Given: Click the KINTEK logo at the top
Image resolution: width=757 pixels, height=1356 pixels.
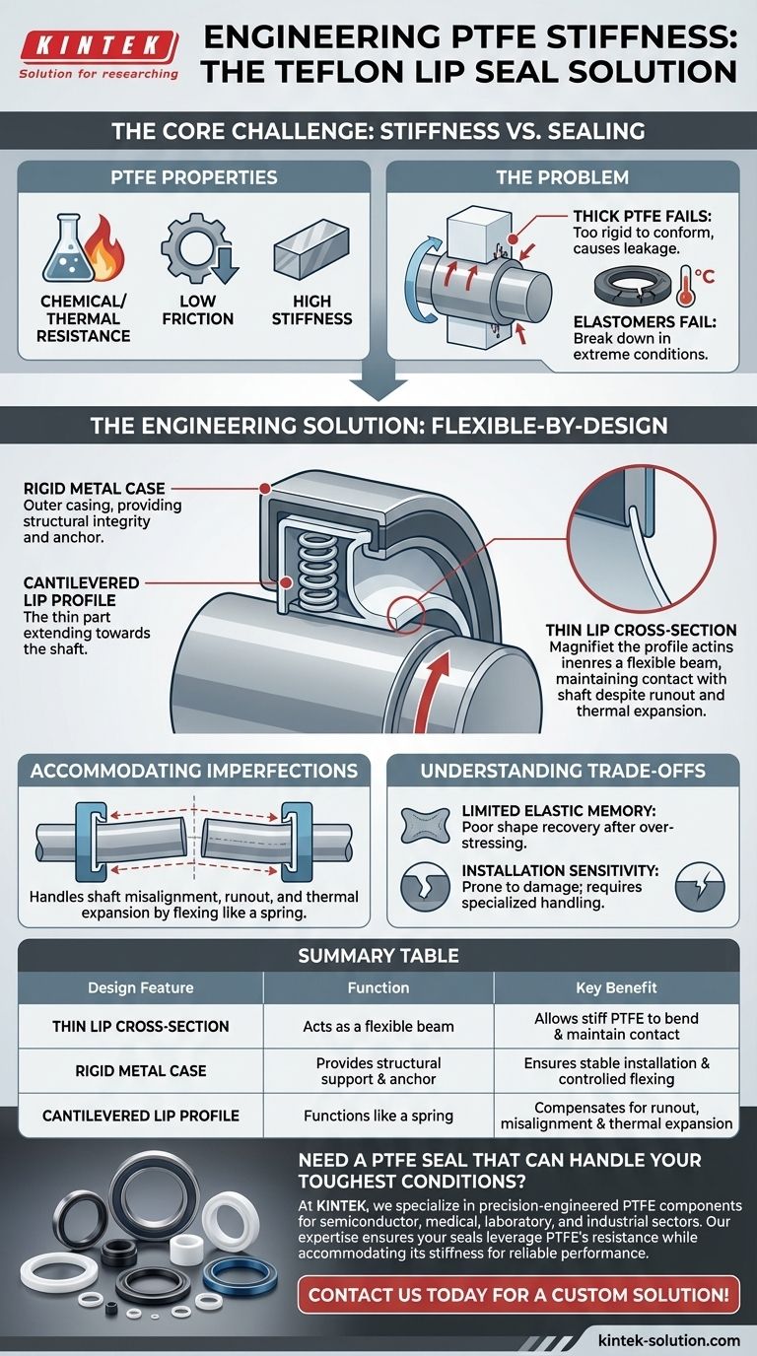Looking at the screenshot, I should pos(98,45).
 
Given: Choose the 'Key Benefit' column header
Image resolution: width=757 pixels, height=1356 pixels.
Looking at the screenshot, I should pos(616,986).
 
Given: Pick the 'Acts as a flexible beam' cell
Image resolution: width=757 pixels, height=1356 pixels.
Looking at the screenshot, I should pos(378,1026).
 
